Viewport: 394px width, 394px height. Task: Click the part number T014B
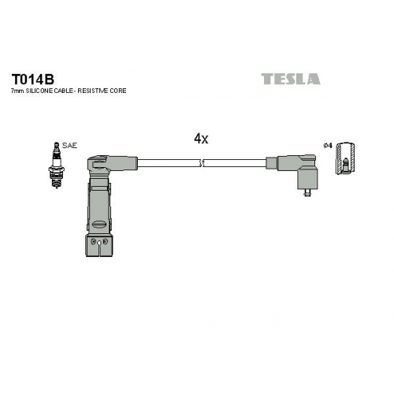point(32,79)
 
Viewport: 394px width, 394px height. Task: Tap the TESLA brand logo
point(291,79)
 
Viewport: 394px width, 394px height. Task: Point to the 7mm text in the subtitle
point(17,91)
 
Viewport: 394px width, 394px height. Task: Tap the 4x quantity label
point(201,139)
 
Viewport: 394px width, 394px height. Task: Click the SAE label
point(69,146)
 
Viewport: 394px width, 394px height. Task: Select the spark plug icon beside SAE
point(57,165)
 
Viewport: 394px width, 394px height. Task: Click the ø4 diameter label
point(328,145)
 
